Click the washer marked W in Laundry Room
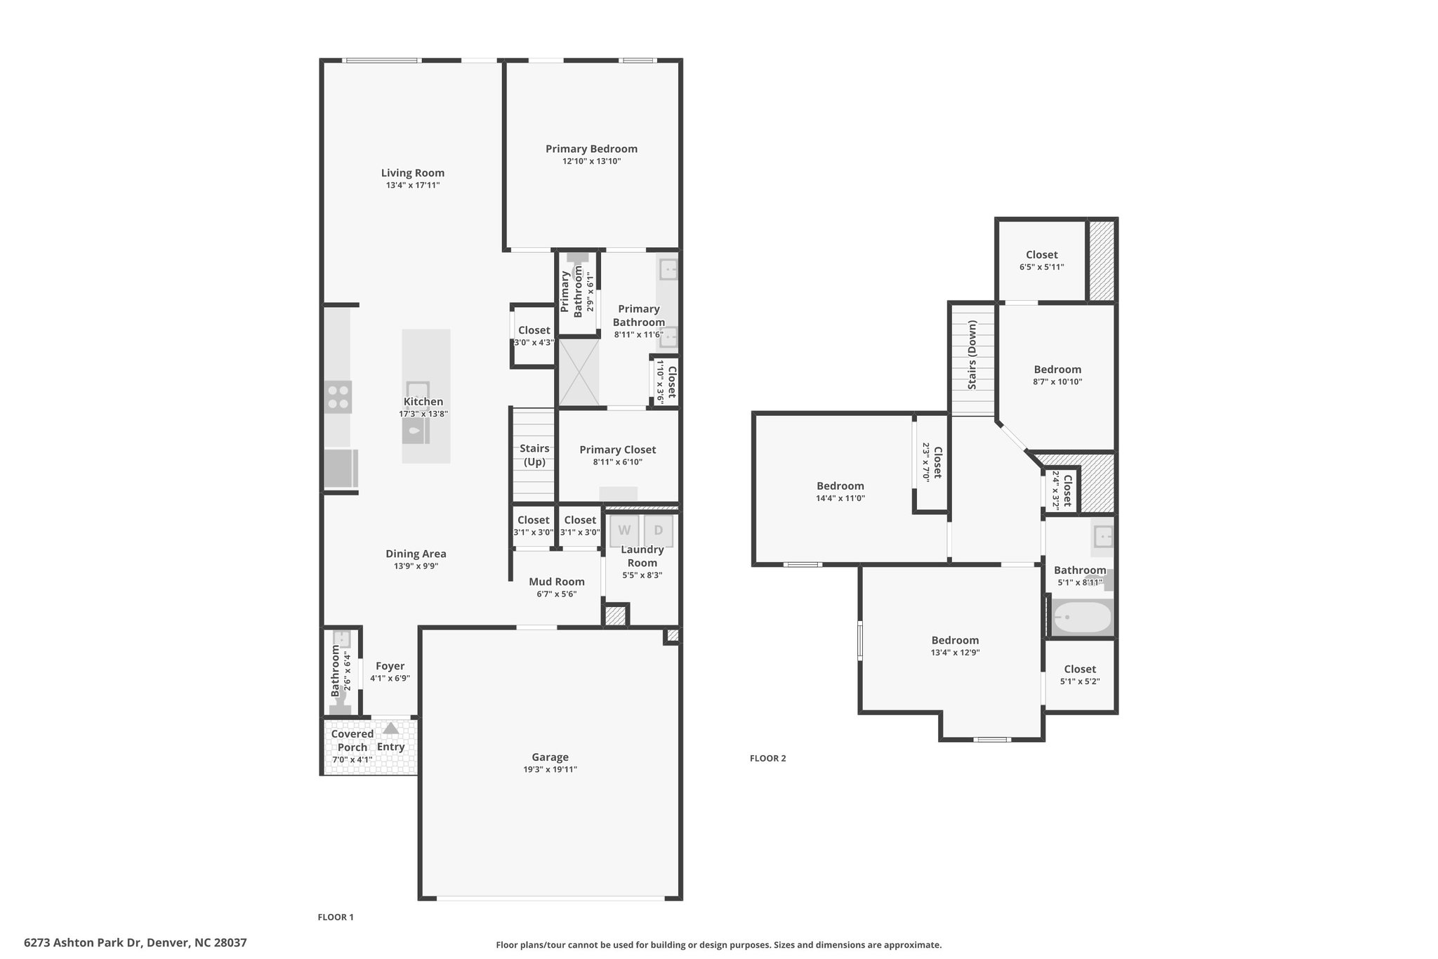(x=624, y=531)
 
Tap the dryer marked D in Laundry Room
(x=659, y=531)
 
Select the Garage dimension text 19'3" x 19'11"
(x=550, y=769)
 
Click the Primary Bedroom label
(x=592, y=149)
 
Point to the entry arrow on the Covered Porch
(x=390, y=728)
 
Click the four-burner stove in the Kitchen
(x=338, y=397)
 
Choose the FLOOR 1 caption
(x=336, y=917)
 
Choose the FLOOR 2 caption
(x=768, y=758)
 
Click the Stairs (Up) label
(x=534, y=455)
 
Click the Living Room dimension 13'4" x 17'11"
(x=413, y=185)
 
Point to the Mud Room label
(x=557, y=582)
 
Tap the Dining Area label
(x=416, y=554)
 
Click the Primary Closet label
(x=618, y=450)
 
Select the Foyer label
(x=390, y=666)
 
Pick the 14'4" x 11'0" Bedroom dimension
(x=840, y=498)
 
